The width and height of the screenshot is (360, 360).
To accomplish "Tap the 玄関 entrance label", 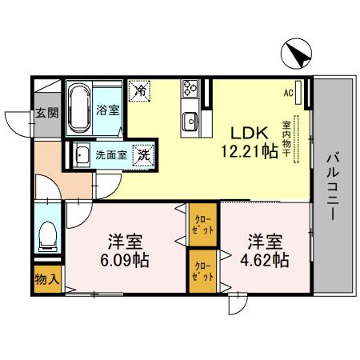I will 47,113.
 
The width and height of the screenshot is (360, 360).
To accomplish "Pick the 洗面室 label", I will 111,154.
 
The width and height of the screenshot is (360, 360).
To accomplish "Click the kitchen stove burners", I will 192,87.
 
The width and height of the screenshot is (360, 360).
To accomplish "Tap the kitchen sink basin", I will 191,121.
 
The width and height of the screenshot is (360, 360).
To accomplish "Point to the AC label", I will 289,92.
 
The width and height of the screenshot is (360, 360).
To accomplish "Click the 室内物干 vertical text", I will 286,141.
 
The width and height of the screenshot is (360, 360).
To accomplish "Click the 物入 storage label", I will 46,280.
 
